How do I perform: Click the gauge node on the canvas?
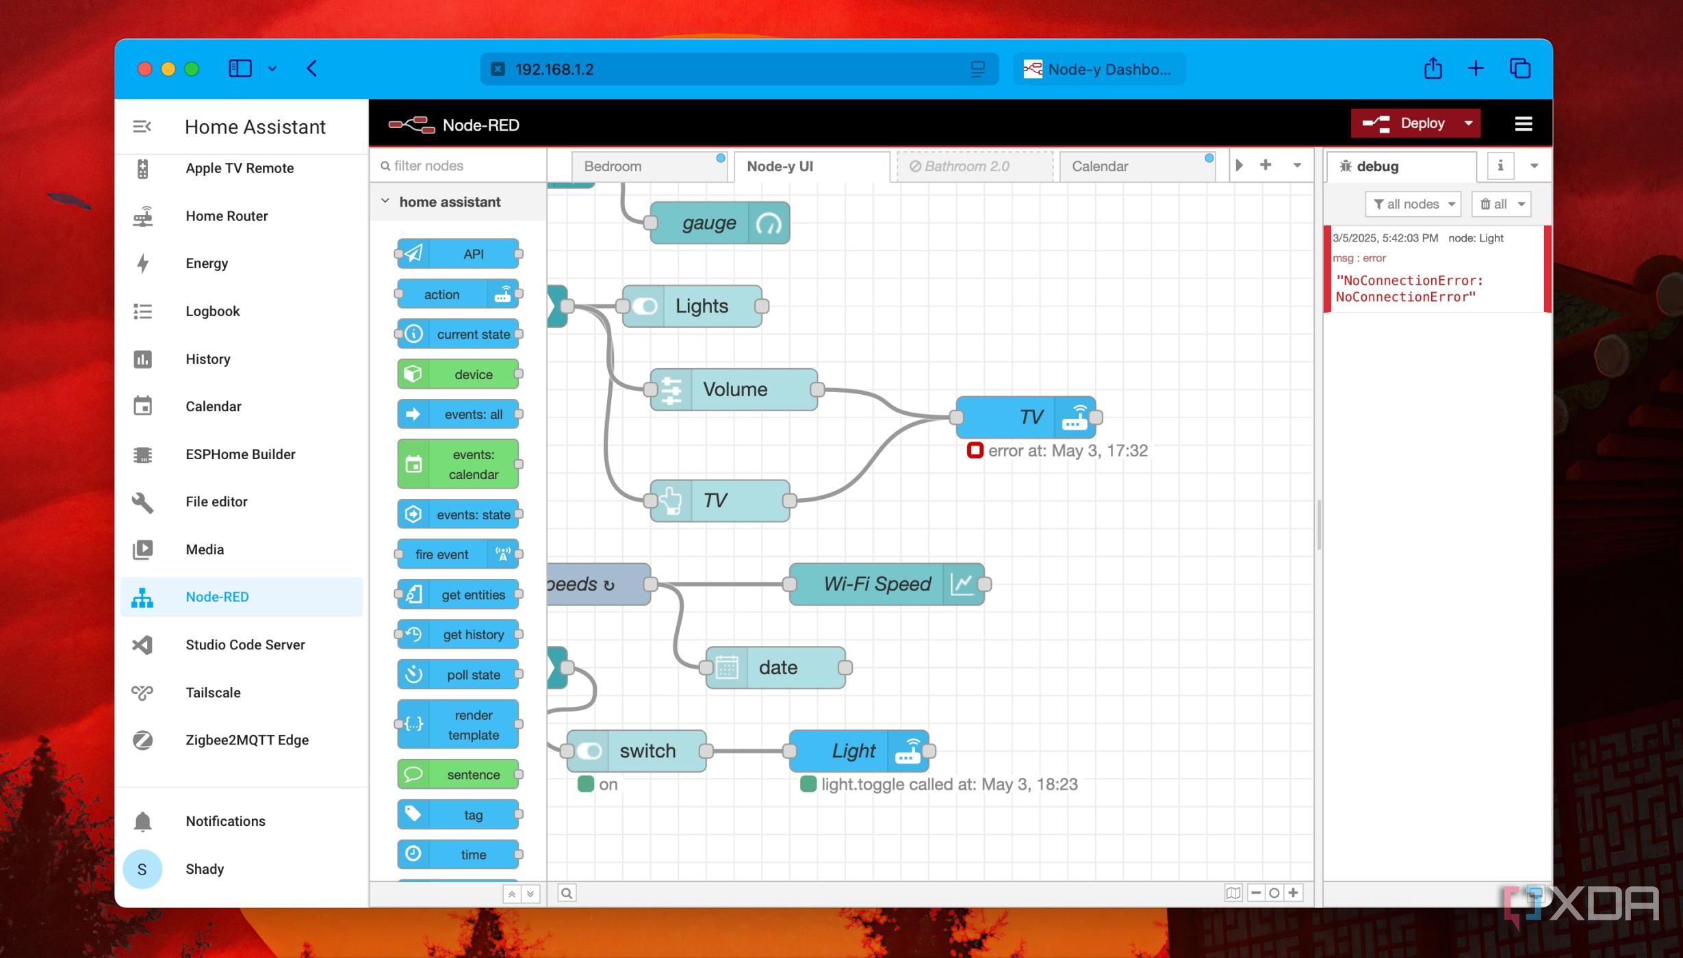pos(709,223)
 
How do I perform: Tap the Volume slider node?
pos(734,389)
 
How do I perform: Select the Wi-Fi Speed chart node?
pos(877,584)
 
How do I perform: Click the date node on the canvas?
pos(777,667)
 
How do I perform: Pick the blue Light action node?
pos(853,751)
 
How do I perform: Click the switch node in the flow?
pos(646,751)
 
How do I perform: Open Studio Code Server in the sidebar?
pos(244,645)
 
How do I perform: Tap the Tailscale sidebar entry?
pos(213,692)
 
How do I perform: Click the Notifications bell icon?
pos(142,821)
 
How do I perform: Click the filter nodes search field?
pos(459,166)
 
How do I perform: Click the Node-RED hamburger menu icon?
pos(1523,124)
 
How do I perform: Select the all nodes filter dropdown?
pos(1413,204)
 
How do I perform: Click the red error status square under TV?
pos(975,450)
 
